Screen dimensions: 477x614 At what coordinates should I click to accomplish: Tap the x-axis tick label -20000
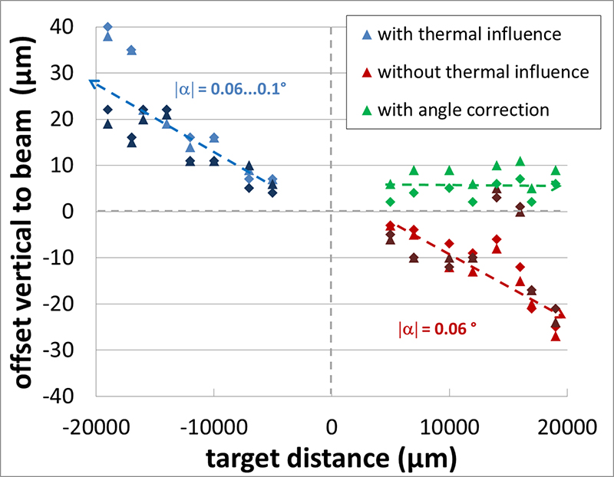96,425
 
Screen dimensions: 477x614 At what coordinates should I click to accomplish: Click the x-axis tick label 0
332,425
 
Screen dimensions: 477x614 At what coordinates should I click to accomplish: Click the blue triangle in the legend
366,35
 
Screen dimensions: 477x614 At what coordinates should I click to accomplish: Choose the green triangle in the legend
366,110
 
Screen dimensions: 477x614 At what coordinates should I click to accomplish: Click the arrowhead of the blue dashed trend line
91,81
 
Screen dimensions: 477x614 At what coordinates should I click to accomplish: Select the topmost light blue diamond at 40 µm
108,27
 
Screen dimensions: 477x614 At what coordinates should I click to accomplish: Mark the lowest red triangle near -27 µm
555,336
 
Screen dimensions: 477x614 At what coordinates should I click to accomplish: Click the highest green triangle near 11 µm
520,161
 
